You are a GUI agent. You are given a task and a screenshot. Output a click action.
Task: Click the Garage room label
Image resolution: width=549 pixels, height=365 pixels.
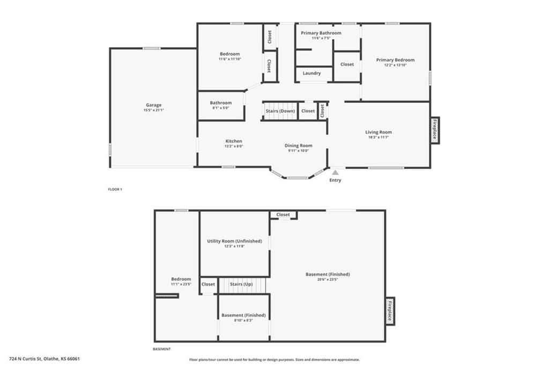[x=154, y=105]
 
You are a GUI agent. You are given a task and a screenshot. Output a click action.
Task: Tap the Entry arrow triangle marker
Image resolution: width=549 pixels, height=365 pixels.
[x=336, y=172]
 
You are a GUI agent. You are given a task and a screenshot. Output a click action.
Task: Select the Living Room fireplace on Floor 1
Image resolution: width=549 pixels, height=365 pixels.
[x=435, y=130]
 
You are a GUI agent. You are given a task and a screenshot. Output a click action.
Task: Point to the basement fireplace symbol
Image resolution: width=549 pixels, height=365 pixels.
[x=390, y=311]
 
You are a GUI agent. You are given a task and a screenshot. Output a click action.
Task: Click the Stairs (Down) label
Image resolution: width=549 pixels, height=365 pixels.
[x=280, y=111]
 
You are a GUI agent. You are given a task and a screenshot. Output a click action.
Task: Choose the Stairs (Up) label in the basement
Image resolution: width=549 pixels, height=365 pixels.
[x=241, y=284]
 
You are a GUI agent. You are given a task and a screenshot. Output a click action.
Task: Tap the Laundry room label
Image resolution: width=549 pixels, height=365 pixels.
[x=311, y=73]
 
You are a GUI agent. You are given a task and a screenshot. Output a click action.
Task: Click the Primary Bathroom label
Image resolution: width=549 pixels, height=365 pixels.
[x=321, y=33]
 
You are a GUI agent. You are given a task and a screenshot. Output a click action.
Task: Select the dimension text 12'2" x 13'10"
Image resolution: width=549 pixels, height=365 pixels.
[x=395, y=65]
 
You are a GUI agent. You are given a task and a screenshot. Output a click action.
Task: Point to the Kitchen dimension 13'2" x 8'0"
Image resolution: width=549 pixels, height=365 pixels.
[x=234, y=146]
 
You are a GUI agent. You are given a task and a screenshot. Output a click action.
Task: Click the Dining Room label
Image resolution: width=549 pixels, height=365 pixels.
[x=298, y=146]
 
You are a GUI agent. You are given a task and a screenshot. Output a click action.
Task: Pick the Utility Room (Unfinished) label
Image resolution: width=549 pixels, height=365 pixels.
[x=235, y=241]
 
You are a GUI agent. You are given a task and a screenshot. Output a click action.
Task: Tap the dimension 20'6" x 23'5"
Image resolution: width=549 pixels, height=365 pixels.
[x=328, y=279]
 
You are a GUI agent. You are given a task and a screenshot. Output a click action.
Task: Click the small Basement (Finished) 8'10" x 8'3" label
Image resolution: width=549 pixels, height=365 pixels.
[x=244, y=315]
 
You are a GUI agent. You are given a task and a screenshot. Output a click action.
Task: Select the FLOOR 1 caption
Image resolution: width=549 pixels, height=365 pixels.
[x=115, y=189]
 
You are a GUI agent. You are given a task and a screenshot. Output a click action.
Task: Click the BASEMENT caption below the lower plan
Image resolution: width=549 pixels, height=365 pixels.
[x=162, y=349]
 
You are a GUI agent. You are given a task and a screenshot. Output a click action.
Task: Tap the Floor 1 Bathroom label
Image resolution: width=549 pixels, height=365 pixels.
[x=221, y=103]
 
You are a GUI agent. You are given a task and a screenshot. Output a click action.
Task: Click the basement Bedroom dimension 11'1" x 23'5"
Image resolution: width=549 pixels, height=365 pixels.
[x=181, y=284]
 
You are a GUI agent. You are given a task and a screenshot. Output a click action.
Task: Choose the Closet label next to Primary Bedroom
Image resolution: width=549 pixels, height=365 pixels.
[x=347, y=64]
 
